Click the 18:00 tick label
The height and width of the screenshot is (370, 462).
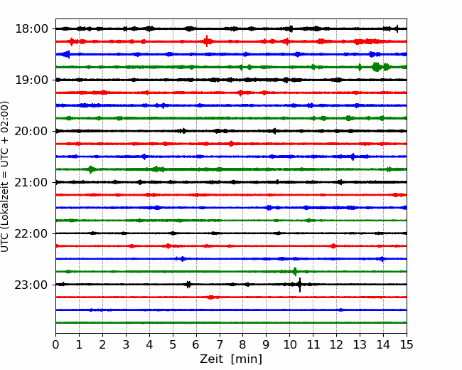31,29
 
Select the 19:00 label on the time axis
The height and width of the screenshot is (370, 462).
31,80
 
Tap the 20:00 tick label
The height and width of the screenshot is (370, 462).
31,131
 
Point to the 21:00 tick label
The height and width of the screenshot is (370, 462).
31,182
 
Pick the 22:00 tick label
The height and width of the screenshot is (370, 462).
31,233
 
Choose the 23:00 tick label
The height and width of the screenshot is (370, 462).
31,285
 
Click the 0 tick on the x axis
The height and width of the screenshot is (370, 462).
55,344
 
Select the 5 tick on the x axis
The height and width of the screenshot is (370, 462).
173,344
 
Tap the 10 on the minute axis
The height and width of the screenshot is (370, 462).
289,344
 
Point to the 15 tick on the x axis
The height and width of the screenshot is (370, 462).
407,344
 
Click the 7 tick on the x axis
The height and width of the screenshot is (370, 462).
220,344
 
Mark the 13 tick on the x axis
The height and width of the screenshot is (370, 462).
360,344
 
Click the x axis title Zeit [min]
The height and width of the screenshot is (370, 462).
231,359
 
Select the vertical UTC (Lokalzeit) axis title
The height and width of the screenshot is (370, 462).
5,176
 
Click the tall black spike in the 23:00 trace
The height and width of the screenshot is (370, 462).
300,285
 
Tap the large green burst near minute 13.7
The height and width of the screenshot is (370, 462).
376,67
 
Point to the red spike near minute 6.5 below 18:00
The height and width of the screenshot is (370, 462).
207,41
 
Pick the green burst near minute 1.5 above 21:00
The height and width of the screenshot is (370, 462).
91,169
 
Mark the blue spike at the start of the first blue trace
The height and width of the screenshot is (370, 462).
68,54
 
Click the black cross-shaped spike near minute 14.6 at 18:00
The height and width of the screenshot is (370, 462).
397,28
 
